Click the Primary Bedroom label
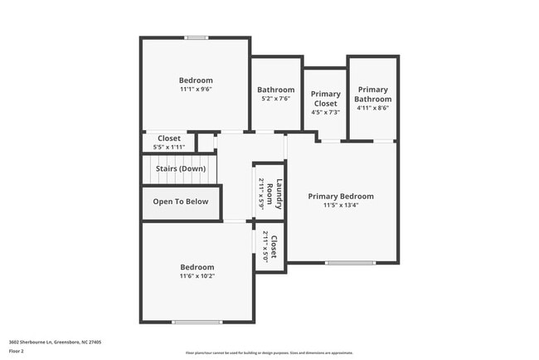pos(341,197)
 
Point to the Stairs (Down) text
pos(181,168)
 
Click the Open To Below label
pos(181,202)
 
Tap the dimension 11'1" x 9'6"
pos(196,89)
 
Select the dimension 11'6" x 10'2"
pos(197,276)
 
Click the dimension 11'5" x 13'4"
pos(341,206)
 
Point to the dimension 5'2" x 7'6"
pos(275,99)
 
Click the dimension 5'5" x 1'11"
pos(169,147)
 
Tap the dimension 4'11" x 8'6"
pos(373,108)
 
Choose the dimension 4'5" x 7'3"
pos(325,112)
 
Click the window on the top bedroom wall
pos(197,37)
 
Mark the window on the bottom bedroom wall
pos(197,322)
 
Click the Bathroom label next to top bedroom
pos(275,90)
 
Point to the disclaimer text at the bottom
pos(269,353)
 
